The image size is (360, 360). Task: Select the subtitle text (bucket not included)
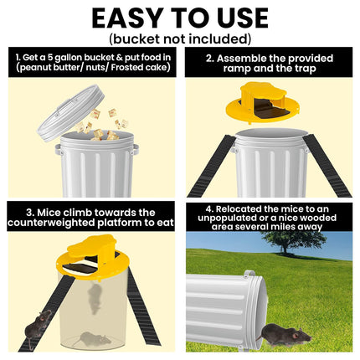tap(180, 39)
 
